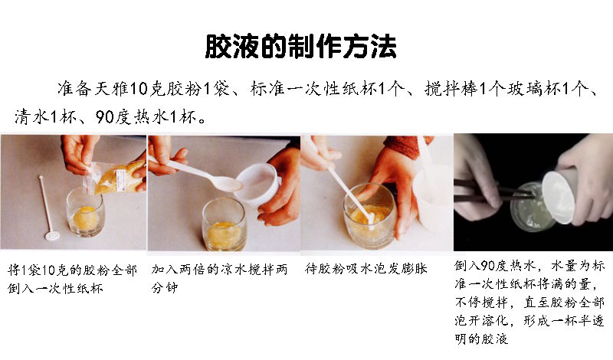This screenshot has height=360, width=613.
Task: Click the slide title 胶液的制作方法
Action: (x=301, y=47)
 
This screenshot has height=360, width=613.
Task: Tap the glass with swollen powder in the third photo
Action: (x=369, y=214)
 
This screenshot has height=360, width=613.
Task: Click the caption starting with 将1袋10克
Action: (x=72, y=280)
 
